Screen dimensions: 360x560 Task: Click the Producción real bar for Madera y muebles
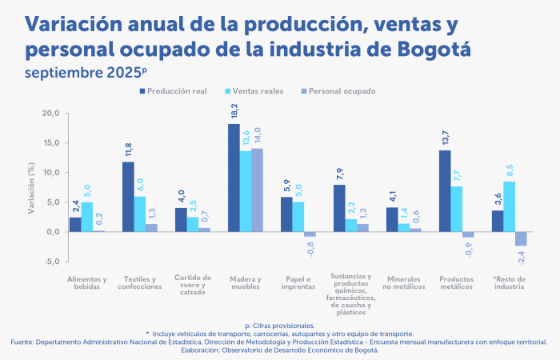(x=234, y=178)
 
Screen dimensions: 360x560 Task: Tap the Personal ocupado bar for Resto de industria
(x=521, y=238)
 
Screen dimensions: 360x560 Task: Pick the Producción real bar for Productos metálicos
(x=445, y=191)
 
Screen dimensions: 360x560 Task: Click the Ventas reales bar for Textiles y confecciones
(x=139, y=214)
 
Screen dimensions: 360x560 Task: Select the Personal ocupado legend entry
(x=337, y=91)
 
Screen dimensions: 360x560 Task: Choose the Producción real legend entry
(x=173, y=91)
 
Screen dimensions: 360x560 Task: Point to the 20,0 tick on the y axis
(x=50, y=113)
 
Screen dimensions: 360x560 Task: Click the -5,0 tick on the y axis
(x=50, y=262)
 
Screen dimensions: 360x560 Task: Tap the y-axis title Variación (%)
(x=30, y=187)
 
